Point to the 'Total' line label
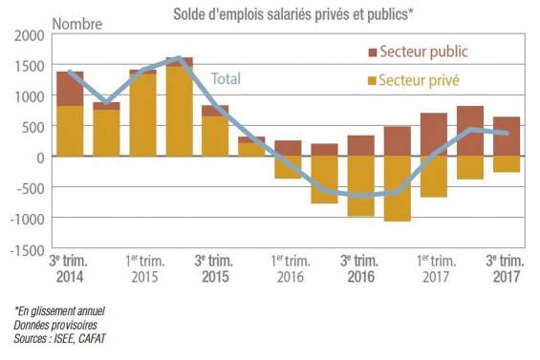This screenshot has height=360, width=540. [226, 78]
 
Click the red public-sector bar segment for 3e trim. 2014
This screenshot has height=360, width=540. [71, 89]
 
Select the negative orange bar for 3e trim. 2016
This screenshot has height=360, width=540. [361, 186]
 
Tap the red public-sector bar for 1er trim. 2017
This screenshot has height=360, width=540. [434, 135]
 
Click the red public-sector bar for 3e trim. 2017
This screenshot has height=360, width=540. [507, 137]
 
